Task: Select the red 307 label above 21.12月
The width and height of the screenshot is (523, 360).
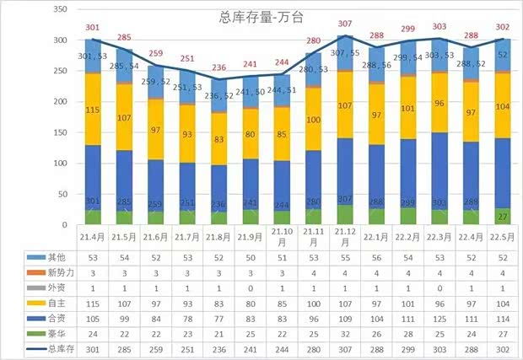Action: [347, 24]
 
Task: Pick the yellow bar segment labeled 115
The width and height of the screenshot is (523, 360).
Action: [93, 110]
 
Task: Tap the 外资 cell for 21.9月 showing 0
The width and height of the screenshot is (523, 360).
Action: [251, 287]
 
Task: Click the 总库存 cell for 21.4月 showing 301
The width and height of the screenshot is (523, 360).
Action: [93, 348]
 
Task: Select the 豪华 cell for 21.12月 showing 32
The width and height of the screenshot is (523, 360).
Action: [347, 333]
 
